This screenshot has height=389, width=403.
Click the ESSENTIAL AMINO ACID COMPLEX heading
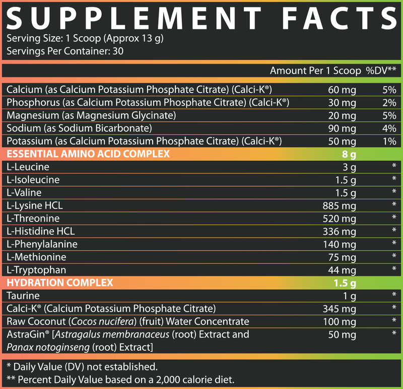[x=88, y=153]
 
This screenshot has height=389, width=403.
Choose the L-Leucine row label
[x=28, y=167]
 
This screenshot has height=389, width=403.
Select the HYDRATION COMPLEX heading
[x=59, y=282]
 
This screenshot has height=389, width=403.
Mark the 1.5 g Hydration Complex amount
[x=344, y=283]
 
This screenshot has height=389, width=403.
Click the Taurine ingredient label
[x=23, y=295]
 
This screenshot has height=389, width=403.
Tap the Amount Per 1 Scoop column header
[x=315, y=70]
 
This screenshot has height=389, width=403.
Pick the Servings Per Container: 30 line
[x=65, y=51]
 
